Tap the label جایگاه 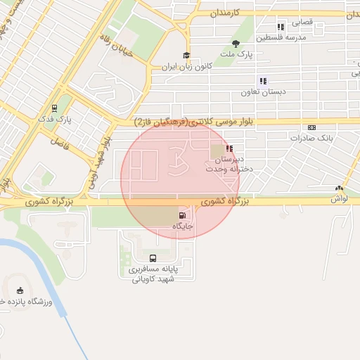tap(183, 226)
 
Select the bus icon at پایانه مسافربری tap(153, 258)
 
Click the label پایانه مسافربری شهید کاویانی tap(153, 274)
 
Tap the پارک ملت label tap(235, 54)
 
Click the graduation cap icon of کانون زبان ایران tap(186, 56)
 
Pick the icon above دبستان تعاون tap(264, 81)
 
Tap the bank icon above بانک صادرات tap(312, 127)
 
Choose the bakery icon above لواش tap(340, 188)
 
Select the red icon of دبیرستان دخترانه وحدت tap(229, 148)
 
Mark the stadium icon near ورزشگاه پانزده tap(20, 290)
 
